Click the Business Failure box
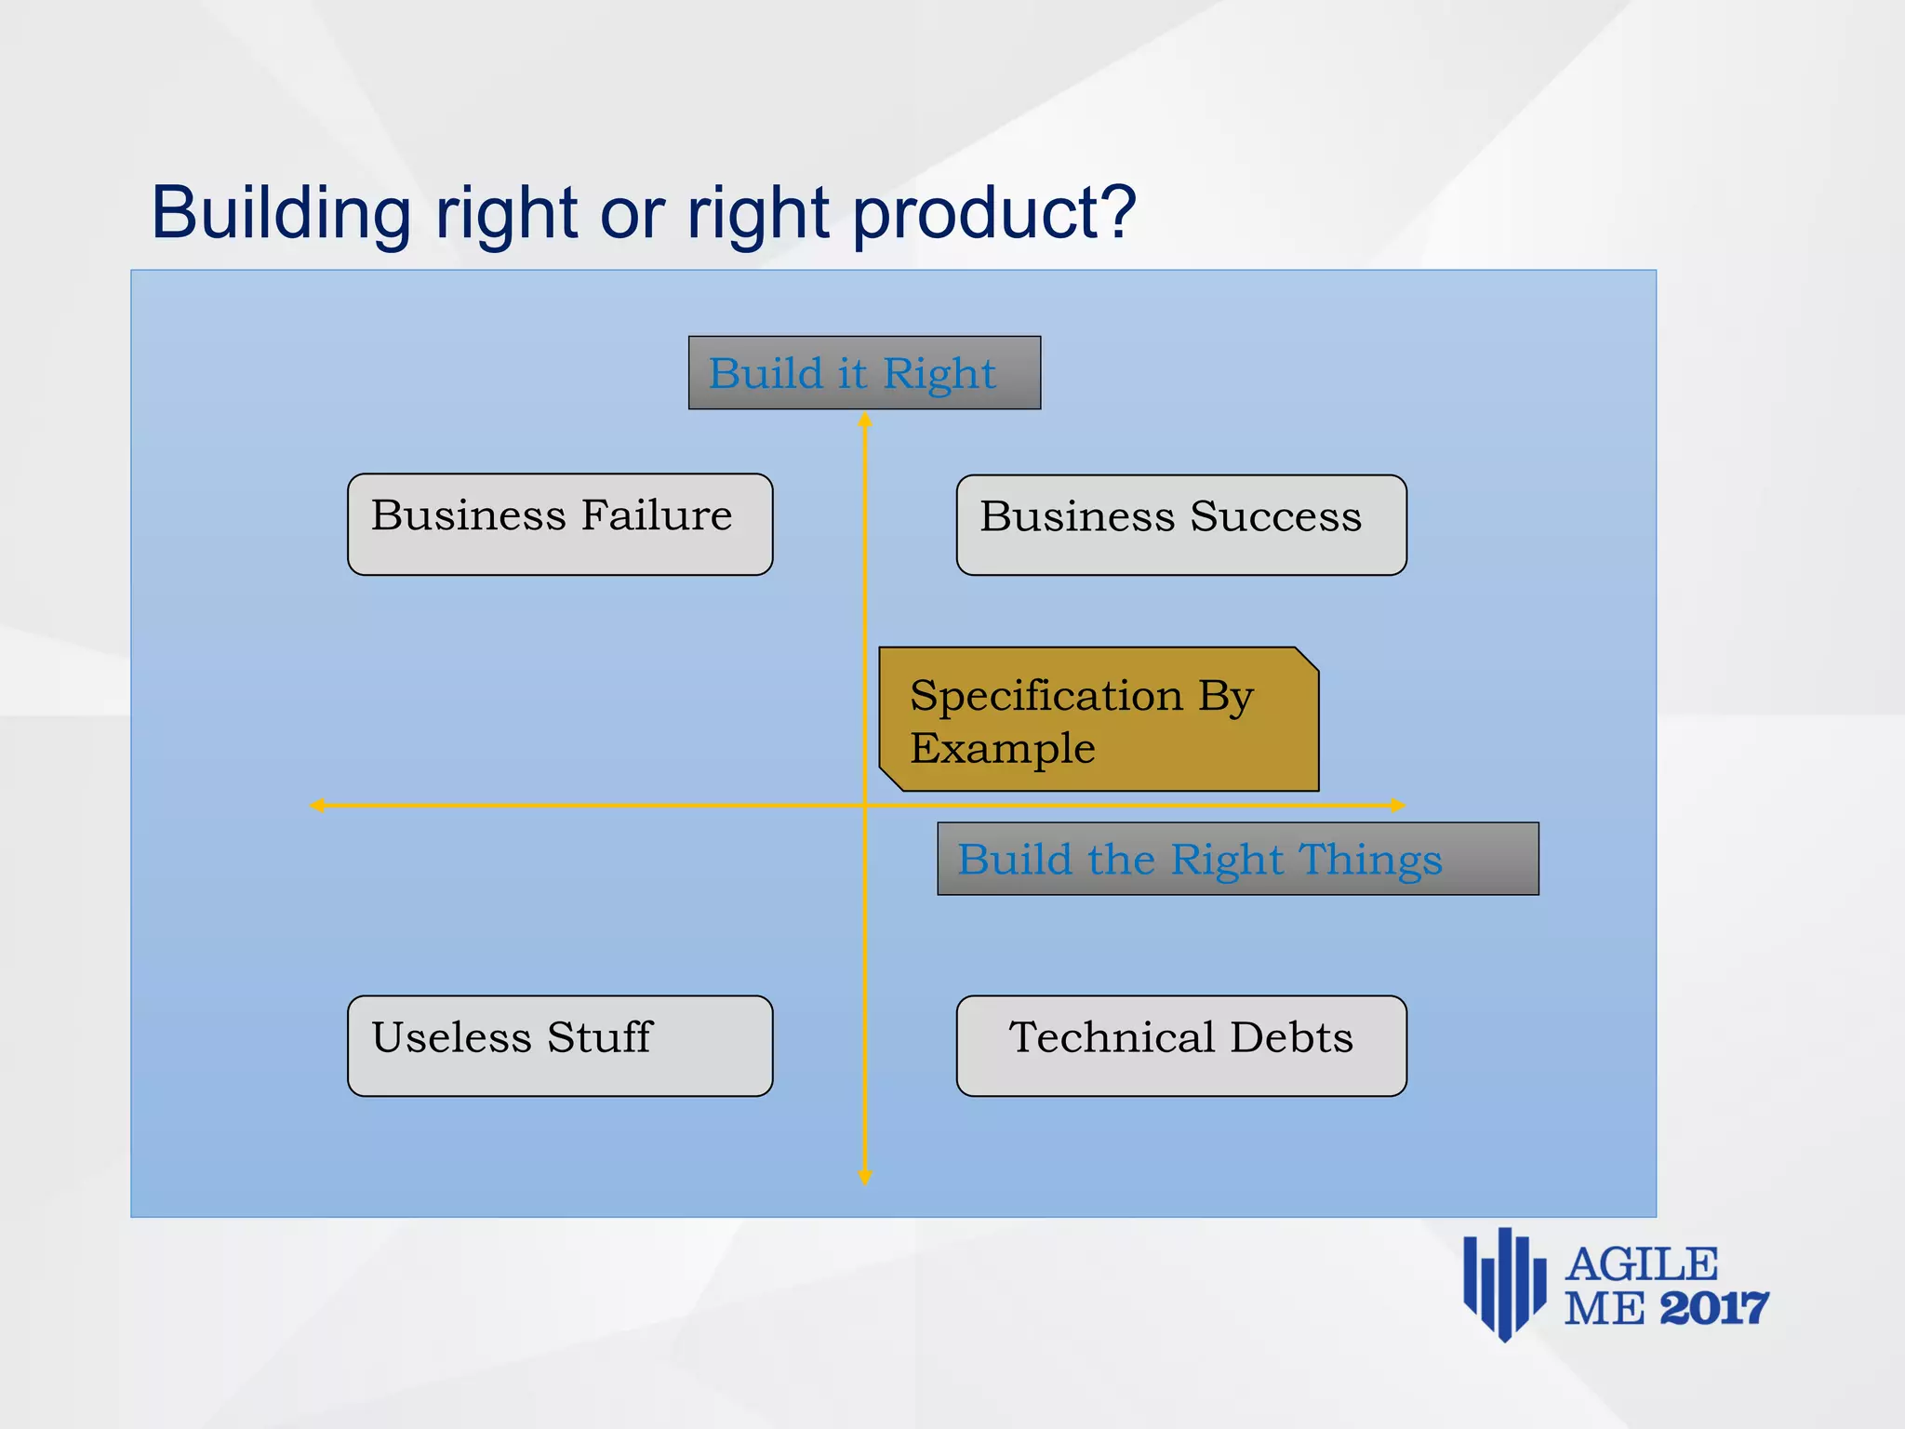[x=560, y=525]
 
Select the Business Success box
[x=1181, y=526]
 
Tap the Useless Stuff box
[x=560, y=1046]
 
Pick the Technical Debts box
[x=1181, y=1046]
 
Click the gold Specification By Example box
[x=1099, y=720]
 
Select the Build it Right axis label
[x=864, y=373]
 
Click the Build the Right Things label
[x=1237, y=859]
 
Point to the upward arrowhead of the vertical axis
[x=865, y=421]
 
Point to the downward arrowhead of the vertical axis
[x=865, y=1178]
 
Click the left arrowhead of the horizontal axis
[x=317, y=806]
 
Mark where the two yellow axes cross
[x=865, y=806]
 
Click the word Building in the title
[x=281, y=214]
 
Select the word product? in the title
[x=994, y=214]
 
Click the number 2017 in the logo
[x=1713, y=1309]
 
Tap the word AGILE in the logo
[x=1642, y=1265]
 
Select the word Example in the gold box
[x=1003, y=749]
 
